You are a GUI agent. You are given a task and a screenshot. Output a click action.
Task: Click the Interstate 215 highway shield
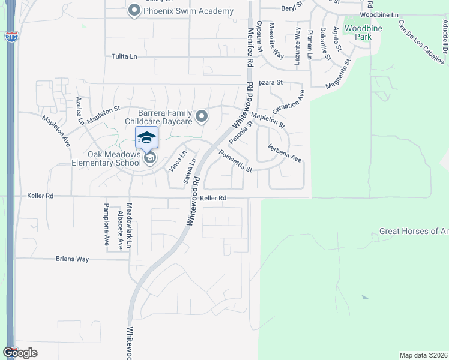pyautogui.click(x=11, y=37)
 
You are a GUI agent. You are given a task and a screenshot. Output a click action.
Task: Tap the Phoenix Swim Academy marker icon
pyautogui.click(x=134, y=11)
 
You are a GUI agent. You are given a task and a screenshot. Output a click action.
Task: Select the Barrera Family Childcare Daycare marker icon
pyautogui.click(x=202, y=117)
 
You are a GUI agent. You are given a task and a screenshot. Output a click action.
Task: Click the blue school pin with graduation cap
pyautogui.click(x=147, y=138)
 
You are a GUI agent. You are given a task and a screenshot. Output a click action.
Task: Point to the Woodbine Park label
pyautogui.click(x=359, y=32)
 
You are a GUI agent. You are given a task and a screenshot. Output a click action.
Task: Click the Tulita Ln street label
pyautogui.click(x=124, y=56)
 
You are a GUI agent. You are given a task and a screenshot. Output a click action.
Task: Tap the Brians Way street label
pyautogui.click(x=72, y=259)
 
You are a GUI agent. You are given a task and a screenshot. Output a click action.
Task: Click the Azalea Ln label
pyautogui.click(x=80, y=110)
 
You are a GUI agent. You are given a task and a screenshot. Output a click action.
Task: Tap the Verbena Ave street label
pyautogui.click(x=284, y=153)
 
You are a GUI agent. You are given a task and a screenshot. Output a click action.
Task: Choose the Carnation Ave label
pyautogui.click(x=289, y=103)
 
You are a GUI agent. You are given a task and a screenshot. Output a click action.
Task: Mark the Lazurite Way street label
pyautogui.click(x=297, y=45)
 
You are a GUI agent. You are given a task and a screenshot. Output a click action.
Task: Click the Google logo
pyautogui.click(x=20, y=353)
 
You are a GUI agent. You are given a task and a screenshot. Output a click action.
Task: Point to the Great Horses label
pyautogui.click(x=414, y=231)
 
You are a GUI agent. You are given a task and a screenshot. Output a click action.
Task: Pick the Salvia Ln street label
pyautogui.click(x=189, y=170)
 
